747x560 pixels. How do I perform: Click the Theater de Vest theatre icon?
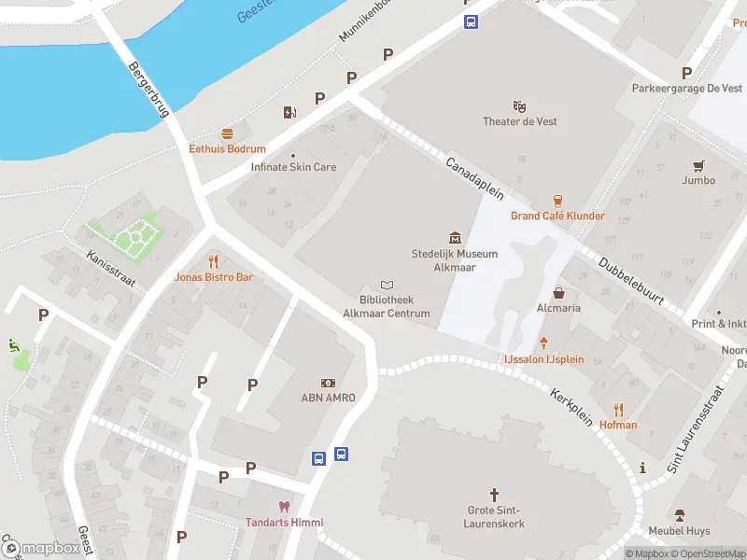[520, 106]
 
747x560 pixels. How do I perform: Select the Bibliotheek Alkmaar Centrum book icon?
[387, 286]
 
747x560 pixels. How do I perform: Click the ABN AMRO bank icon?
[328, 383]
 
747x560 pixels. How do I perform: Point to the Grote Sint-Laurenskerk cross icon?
[495, 494]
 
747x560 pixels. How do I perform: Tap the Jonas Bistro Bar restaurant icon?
[214, 261]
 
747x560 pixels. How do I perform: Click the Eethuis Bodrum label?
[227, 148]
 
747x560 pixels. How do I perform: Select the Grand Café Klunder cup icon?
[557, 201]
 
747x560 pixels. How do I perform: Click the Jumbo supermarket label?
[698, 180]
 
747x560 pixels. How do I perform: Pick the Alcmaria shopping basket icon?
[558, 292]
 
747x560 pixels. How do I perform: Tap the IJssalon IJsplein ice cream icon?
[543, 343]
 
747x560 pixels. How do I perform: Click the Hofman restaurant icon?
[618, 409]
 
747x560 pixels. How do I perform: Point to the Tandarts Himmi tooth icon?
[284, 507]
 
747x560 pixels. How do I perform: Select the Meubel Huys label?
[679, 531]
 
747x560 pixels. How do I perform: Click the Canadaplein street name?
[474, 178]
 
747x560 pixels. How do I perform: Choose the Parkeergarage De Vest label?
[686, 89]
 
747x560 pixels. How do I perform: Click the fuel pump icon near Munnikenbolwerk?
[289, 113]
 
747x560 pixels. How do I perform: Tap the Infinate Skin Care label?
[293, 167]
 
